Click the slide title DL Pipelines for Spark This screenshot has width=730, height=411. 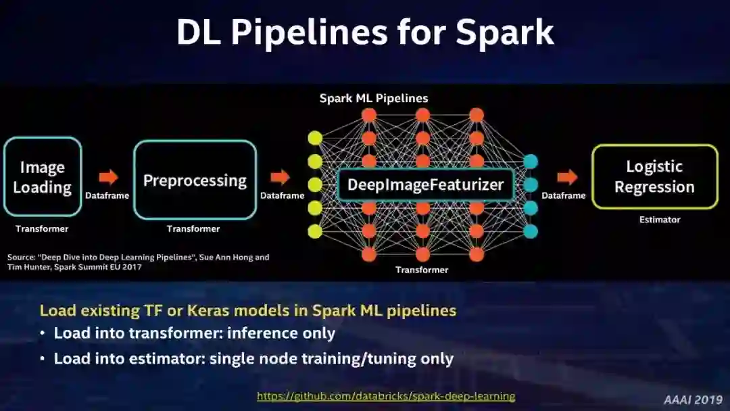tap(365, 31)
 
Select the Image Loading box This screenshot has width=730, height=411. tap(42, 177)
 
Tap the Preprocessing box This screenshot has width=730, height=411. tap(195, 180)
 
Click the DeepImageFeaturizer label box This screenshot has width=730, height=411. tap(426, 185)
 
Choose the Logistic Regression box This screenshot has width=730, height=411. tap(654, 176)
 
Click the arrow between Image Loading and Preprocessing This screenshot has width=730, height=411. tap(108, 177)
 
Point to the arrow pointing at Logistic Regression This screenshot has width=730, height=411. tap(567, 177)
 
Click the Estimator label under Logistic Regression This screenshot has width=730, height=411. tap(660, 220)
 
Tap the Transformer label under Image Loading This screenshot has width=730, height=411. tap(42, 229)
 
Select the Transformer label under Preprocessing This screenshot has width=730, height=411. tap(193, 229)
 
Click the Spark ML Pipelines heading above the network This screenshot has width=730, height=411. tap(374, 99)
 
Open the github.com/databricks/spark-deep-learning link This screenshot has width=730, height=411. tap(386, 396)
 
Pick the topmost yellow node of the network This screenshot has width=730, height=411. tap(315, 139)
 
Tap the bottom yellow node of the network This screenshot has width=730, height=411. tap(315, 231)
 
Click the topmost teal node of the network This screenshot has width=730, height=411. tap(531, 162)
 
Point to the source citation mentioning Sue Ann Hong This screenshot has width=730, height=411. tap(138, 262)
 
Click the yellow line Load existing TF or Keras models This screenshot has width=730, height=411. tap(248, 311)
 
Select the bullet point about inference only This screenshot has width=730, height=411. tap(195, 333)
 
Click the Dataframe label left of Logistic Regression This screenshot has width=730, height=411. tap(563, 195)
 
